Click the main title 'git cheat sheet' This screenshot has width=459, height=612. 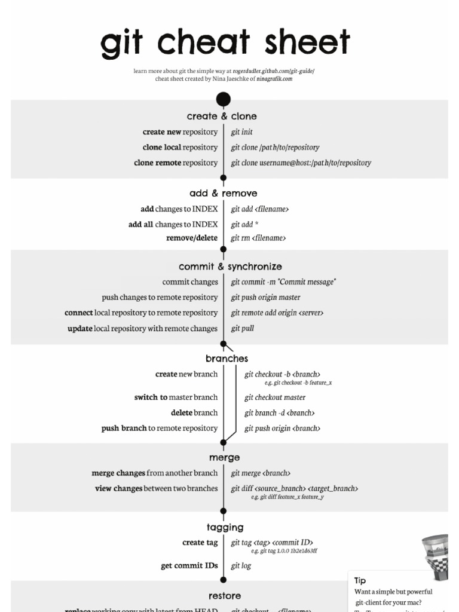click(x=225, y=43)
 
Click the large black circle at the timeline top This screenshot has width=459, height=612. click(x=224, y=99)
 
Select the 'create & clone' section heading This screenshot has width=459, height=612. click(x=222, y=117)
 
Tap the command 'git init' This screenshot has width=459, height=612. click(x=242, y=132)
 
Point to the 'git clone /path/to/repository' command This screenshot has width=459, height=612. click(x=275, y=148)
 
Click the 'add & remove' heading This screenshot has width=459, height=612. click(x=224, y=194)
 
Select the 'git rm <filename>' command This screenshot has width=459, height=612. click(x=258, y=238)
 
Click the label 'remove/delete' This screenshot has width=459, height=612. click(x=192, y=238)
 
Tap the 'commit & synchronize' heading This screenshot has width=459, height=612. click(x=230, y=267)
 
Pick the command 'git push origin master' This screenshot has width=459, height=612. click(x=265, y=298)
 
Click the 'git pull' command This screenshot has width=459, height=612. click(x=243, y=329)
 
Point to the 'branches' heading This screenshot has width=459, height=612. click(x=227, y=359)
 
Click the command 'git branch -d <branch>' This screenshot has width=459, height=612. click(x=279, y=413)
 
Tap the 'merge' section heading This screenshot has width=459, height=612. click(x=225, y=458)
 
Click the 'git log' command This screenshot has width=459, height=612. click(x=241, y=566)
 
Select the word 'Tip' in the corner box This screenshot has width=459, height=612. click(x=360, y=580)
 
